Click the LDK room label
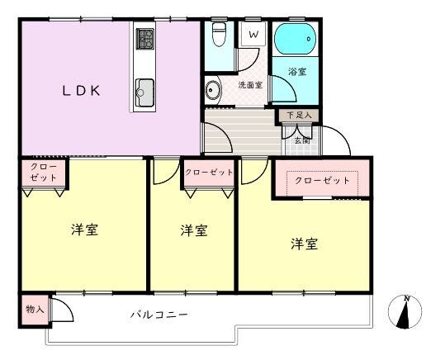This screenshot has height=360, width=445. (81, 91)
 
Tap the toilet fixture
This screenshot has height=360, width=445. (219, 34)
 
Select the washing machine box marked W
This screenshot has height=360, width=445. (253, 35)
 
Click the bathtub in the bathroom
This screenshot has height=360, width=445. (296, 39)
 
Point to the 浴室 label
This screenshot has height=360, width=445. (297, 72)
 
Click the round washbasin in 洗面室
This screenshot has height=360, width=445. (213, 90)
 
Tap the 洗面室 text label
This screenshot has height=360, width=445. (250, 84)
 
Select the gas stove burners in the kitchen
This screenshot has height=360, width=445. (145, 39)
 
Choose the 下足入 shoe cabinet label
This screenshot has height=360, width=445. (299, 116)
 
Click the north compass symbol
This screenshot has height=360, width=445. (405, 312)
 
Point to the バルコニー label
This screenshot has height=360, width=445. (159, 315)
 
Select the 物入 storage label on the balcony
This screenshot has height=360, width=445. (35, 309)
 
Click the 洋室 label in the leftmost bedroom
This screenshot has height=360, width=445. (84, 230)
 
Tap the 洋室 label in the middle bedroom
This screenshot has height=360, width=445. (194, 230)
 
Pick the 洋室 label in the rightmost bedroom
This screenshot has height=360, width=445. (304, 244)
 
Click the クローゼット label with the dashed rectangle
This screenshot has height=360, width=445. (322, 180)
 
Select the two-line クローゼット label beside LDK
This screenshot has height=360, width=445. (44, 172)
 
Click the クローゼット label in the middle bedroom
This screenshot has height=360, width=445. (209, 172)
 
